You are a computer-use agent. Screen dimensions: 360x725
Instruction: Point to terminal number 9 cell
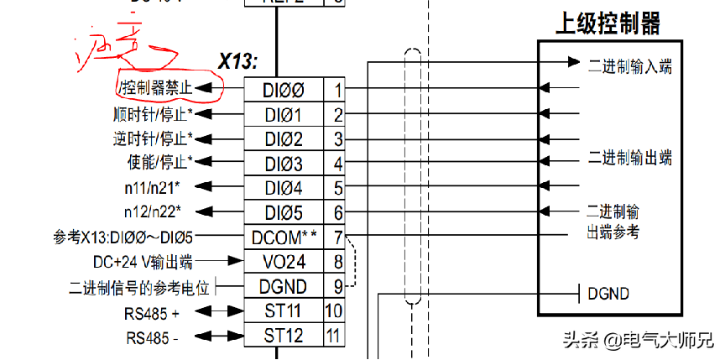point(337,287)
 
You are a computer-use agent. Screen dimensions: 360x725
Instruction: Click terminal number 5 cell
point(337,188)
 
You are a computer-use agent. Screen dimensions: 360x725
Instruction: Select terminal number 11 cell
point(335,336)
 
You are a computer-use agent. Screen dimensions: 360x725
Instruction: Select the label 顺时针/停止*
point(152,114)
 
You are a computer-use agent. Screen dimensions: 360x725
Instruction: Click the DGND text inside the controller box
point(608,294)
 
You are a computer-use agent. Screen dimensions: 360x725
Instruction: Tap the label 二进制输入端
point(629,65)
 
